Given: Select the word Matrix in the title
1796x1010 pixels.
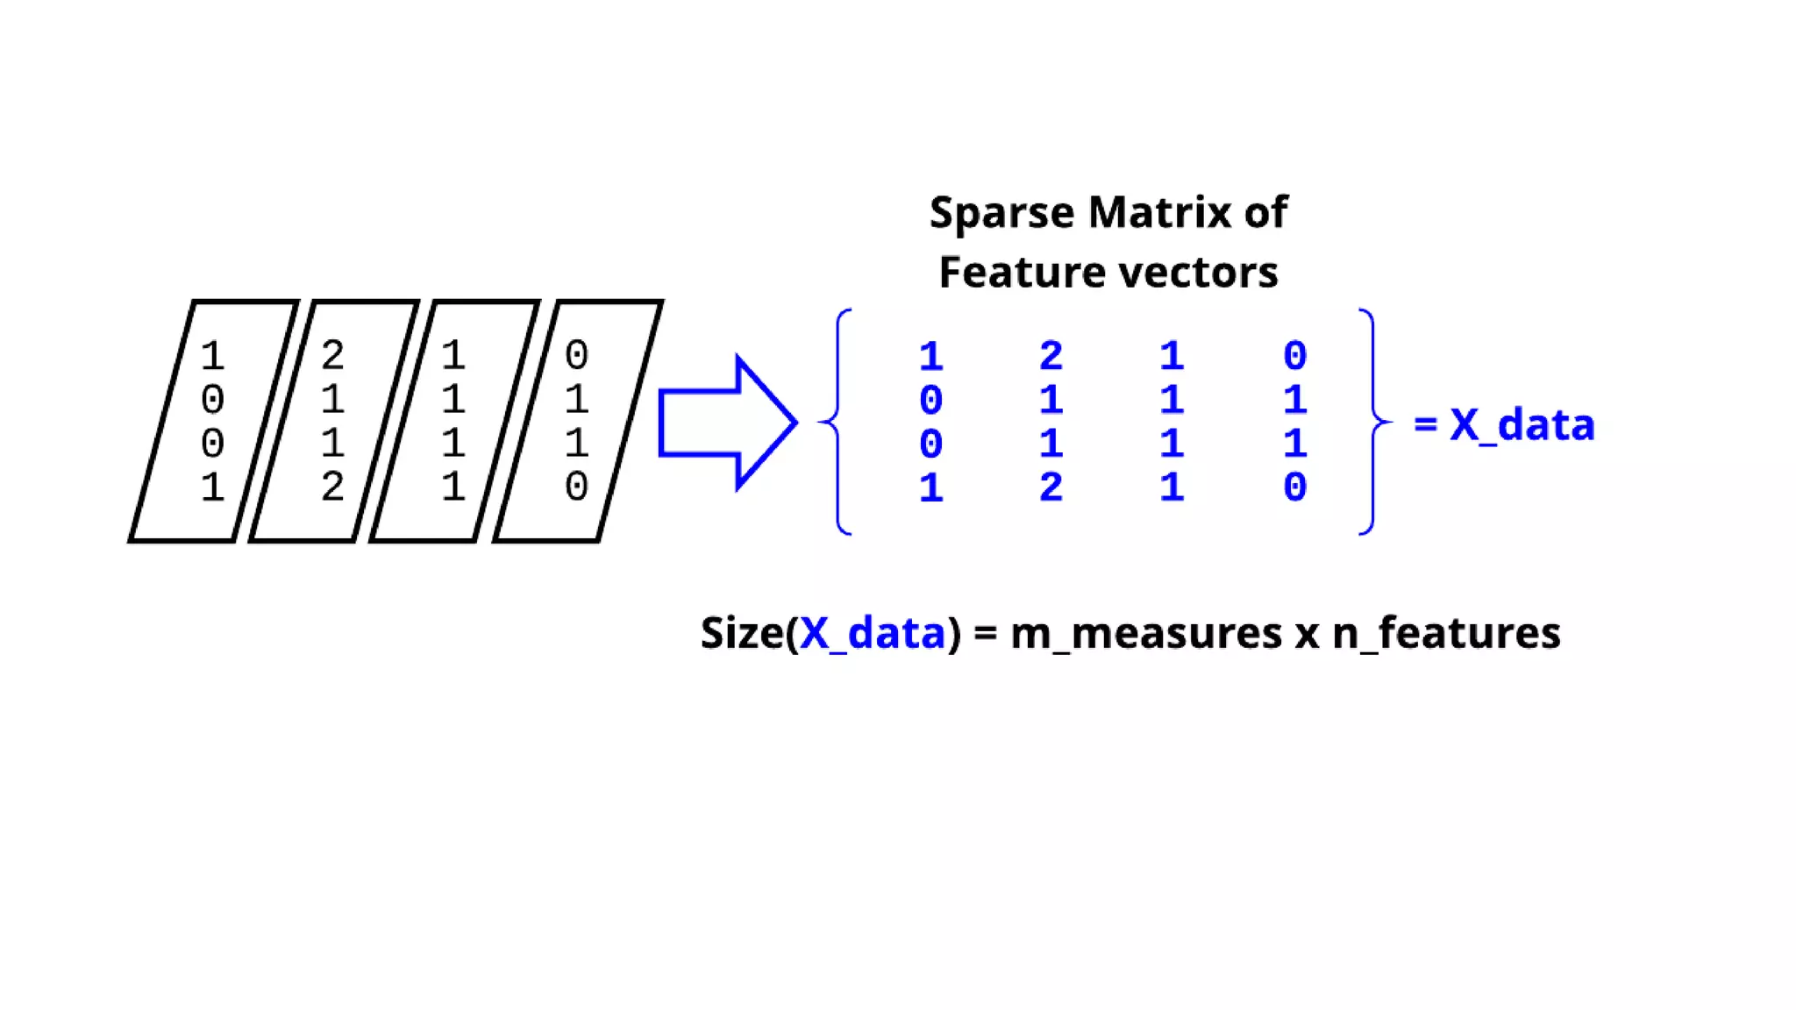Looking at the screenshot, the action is click(1158, 213).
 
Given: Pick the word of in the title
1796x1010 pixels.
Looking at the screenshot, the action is click(1265, 213).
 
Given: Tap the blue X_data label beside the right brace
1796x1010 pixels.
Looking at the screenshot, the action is click(1522, 425).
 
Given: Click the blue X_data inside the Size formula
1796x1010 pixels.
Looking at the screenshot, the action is click(873, 633).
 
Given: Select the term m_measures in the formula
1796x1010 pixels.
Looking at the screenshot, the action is click(1145, 633).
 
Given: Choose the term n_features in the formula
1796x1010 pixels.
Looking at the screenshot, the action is click(1446, 633).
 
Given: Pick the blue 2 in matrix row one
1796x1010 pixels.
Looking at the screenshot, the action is click(1051, 356).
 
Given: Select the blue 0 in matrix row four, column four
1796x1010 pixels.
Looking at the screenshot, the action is click(1294, 487).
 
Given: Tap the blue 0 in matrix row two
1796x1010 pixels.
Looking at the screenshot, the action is click(930, 401).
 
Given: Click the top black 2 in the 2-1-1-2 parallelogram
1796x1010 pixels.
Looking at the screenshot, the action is click(332, 355).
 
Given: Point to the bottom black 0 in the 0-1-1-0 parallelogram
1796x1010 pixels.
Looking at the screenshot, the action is click(576, 487).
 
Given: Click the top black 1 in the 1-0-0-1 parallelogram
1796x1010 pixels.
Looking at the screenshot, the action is click(212, 356).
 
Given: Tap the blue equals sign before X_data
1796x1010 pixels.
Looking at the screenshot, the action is click(1425, 425).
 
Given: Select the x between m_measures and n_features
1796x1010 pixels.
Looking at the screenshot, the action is click(1307, 635).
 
